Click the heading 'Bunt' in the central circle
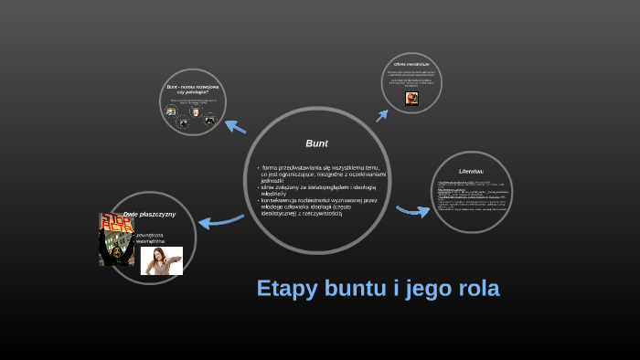coord(316,143)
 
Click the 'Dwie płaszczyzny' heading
coord(149,214)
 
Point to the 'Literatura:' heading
coord(471,171)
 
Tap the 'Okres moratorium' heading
coord(412,64)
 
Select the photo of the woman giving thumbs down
coord(162,260)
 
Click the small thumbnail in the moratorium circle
coord(412,98)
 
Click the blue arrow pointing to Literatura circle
coord(413,211)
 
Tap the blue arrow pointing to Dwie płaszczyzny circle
coord(219,220)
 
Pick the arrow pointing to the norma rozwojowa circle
coord(235,126)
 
